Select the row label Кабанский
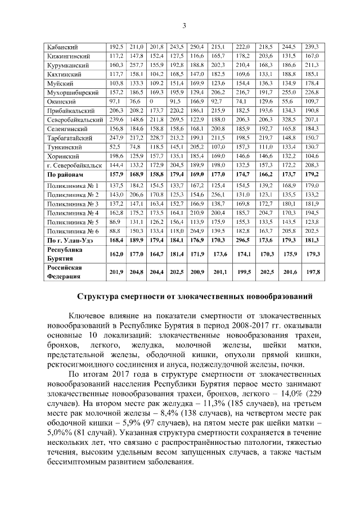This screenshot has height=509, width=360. (62, 46)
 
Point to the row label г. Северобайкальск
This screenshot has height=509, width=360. (74, 165)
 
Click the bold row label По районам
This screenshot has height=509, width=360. (66, 175)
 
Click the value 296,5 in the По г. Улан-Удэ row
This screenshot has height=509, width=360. (242, 240)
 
